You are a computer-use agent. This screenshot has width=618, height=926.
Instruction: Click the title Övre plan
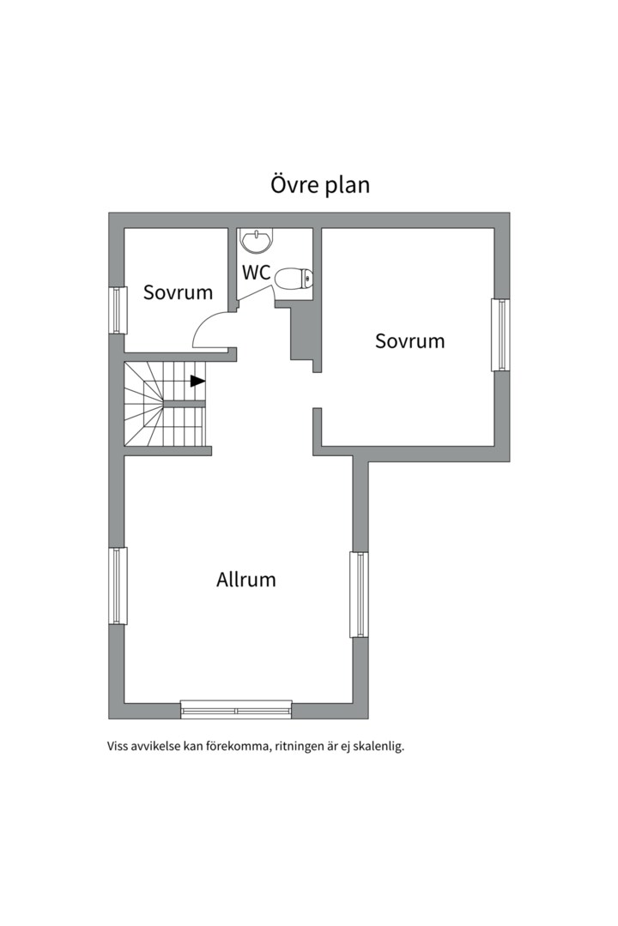[320, 185]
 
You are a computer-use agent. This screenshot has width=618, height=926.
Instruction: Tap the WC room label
[256, 273]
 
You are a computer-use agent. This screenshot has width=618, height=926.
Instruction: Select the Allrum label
[246, 580]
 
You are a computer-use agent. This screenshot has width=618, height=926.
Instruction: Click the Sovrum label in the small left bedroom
[178, 292]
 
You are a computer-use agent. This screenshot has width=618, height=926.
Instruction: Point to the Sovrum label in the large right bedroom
[409, 340]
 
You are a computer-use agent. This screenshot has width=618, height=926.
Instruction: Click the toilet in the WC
[294, 279]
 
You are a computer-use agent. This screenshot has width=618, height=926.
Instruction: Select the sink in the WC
[257, 241]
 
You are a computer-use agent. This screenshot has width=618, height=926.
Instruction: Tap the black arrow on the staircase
[197, 381]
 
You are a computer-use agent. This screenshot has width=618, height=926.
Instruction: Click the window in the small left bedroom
[118, 310]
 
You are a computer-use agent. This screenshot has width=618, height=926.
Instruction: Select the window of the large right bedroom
[500, 335]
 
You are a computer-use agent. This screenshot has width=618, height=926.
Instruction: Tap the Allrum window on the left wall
[118, 586]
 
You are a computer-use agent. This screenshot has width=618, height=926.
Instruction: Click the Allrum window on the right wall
[359, 595]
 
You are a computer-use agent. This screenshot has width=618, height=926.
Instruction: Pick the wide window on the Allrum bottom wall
[236, 709]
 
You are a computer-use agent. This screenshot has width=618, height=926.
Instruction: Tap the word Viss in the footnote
[117, 746]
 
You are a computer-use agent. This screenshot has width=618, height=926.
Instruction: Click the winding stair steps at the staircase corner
[143, 405]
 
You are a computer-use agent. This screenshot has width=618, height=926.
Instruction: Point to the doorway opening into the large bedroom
[317, 390]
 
